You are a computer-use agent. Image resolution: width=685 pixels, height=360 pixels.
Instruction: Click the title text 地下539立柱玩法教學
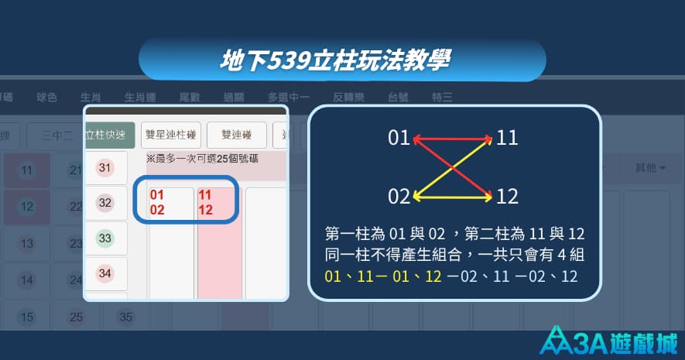[x=336, y=60]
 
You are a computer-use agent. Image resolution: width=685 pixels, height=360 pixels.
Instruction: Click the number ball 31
[x=105, y=168]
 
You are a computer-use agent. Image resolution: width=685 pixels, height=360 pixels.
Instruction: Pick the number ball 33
[x=105, y=238]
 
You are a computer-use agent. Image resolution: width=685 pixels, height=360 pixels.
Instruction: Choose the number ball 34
[x=105, y=273]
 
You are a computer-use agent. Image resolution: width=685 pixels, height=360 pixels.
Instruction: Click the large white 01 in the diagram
[x=399, y=139]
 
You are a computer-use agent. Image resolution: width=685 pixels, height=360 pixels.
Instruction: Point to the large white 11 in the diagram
[x=507, y=139]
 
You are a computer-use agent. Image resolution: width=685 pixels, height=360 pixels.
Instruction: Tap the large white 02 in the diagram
[x=399, y=197]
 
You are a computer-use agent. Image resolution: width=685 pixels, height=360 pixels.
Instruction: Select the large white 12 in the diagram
[x=507, y=197]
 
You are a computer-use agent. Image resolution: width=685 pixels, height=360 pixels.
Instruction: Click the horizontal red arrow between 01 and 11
[x=453, y=139]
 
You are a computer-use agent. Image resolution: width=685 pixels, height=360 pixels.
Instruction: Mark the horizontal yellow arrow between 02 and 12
[x=453, y=197]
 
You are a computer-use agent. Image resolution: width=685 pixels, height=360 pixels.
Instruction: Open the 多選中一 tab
[x=289, y=98]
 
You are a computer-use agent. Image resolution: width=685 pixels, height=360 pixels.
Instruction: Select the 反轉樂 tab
[x=348, y=98]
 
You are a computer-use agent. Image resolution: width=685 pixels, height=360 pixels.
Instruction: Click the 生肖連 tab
[x=141, y=98]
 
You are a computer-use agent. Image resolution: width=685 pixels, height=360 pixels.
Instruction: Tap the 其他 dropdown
[x=649, y=167]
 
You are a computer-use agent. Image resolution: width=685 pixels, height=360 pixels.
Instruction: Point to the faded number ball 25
[x=76, y=317]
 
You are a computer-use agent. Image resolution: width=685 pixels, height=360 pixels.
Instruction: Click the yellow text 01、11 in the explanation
[x=343, y=276]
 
